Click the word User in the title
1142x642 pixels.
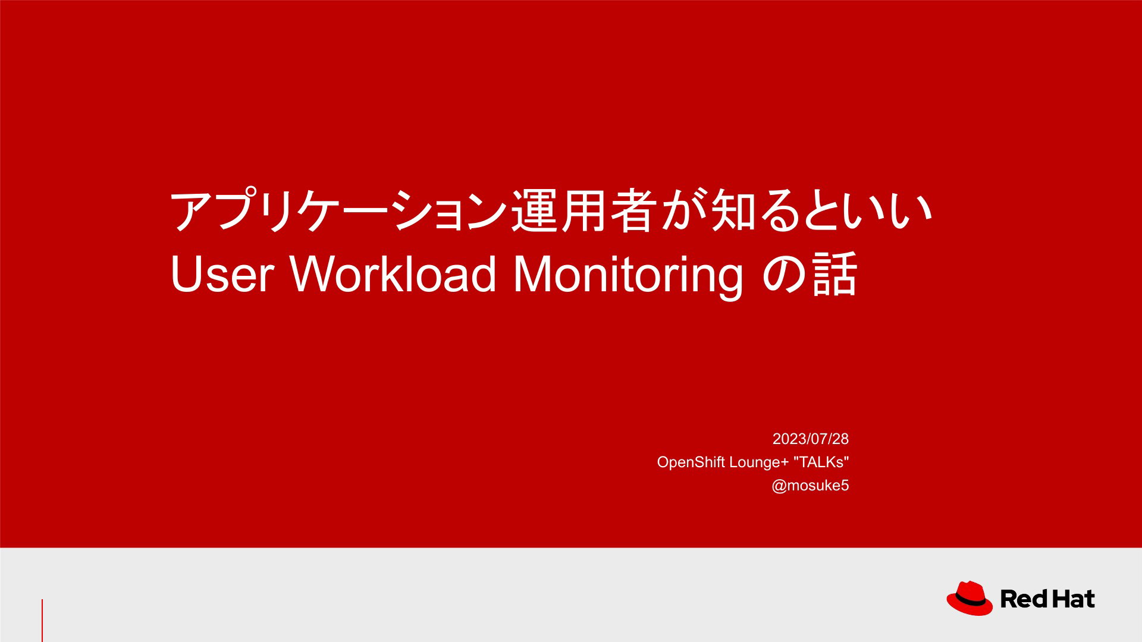click(x=222, y=274)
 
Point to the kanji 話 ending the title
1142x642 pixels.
click(x=834, y=274)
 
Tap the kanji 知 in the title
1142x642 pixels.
click(x=733, y=210)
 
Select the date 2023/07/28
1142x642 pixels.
click(x=810, y=439)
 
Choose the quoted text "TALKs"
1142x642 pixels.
click(x=821, y=462)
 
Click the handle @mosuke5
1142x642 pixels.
click(x=810, y=486)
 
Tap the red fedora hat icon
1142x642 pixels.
click(x=970, y=599)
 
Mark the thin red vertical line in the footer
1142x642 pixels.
click(x=42, y=621)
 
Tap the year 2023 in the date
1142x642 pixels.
click(x=789, y=439)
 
